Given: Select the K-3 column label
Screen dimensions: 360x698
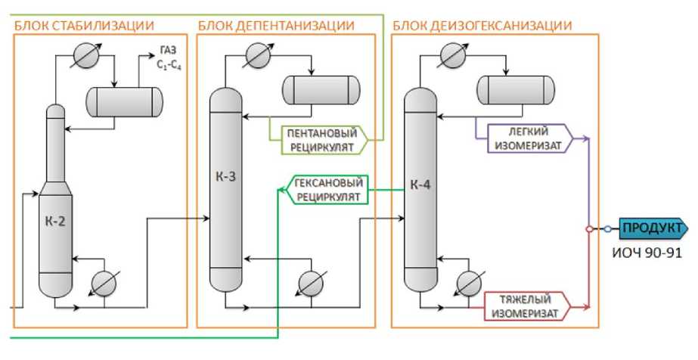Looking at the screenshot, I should (x=225, y=178).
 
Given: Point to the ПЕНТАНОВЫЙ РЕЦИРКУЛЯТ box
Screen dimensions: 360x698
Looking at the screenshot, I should (x=320, y=139).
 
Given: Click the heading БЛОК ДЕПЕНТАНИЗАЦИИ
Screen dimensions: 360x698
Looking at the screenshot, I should (x=276, y=26).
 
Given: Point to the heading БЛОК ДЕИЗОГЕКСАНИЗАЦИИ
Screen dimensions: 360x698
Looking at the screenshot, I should (x=482, y=26).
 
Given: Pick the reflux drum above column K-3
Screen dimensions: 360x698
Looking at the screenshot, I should (x=321, y=90).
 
